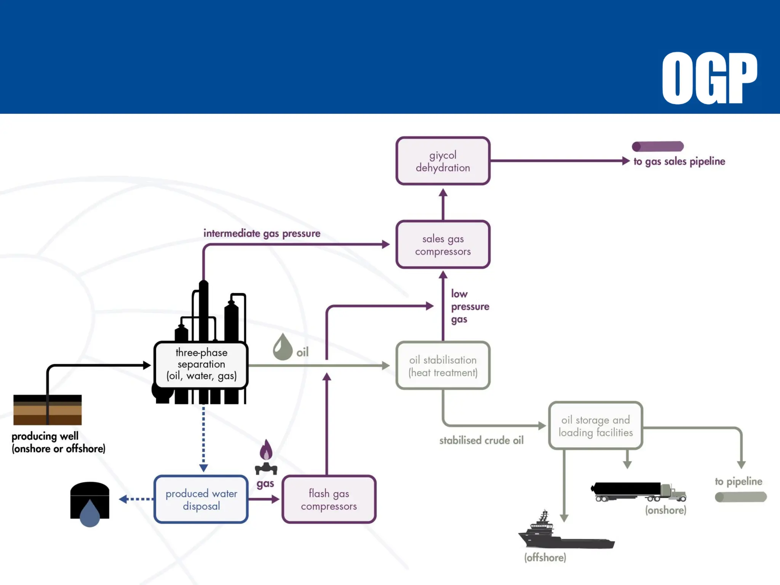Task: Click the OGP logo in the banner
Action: click(709, 78)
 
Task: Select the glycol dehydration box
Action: click(443, 161)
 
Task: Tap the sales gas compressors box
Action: click(443, 245)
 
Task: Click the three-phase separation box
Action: click(201, 364)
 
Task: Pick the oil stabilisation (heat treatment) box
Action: click(443, 366)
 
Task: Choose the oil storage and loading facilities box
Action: click(595, 426)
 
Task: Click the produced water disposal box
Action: click(201, 499)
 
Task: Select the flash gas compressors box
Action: click(329, 499)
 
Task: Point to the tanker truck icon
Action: click(638, 492)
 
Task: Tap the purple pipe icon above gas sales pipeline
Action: click(658, 146)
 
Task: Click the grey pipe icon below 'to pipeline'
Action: click(740, 497)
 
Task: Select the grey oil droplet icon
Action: click(282, 348)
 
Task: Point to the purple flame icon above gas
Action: click(266, 450)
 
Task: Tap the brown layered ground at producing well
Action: click(48, 410)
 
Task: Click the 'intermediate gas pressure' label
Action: click(262, 233)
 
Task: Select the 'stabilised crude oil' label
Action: click(481, 440)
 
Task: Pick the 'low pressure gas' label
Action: click(469, 306)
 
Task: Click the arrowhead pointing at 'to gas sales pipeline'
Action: click(625, 161)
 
